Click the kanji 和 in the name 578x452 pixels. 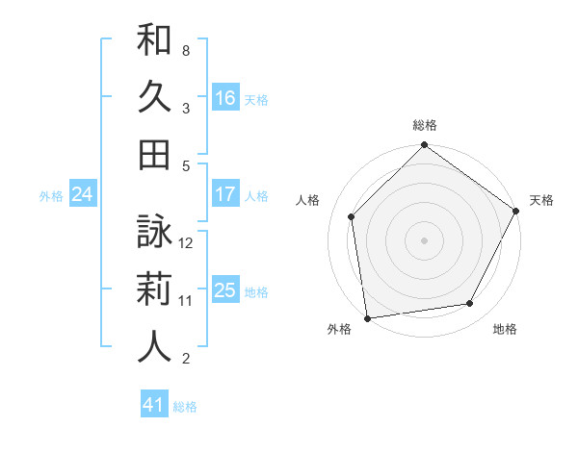coord(154,41)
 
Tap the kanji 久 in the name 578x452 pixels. coord(154,98)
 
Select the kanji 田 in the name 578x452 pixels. coord(154,155)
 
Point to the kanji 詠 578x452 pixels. coord(154,233)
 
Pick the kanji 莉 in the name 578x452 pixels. coord(154,289)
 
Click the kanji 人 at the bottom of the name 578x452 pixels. coord(154,347)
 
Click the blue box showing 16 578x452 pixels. coord(225,98)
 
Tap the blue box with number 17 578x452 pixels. coord(225,194)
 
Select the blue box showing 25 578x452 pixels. coord(225,290)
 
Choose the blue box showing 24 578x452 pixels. coord(83,194)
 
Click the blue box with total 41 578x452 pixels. coord(154,405)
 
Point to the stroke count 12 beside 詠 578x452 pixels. coord(187,242)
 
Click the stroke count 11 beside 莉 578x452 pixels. coord(186,300)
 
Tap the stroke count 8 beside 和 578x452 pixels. coord(185,50)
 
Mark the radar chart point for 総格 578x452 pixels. coord(424,147)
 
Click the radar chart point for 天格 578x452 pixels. coord(516,211)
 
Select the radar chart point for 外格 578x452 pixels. coord(367,317)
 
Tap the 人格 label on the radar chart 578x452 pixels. coord(308,200)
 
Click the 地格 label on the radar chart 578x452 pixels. coord(505,330)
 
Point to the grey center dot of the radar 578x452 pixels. coord(424,240)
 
